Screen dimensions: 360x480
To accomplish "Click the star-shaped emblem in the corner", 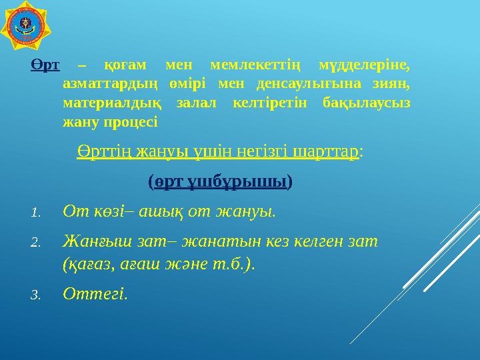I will (25, 25).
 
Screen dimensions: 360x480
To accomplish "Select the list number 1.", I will (36, 213).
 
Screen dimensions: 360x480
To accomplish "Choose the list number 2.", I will (36, 243).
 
